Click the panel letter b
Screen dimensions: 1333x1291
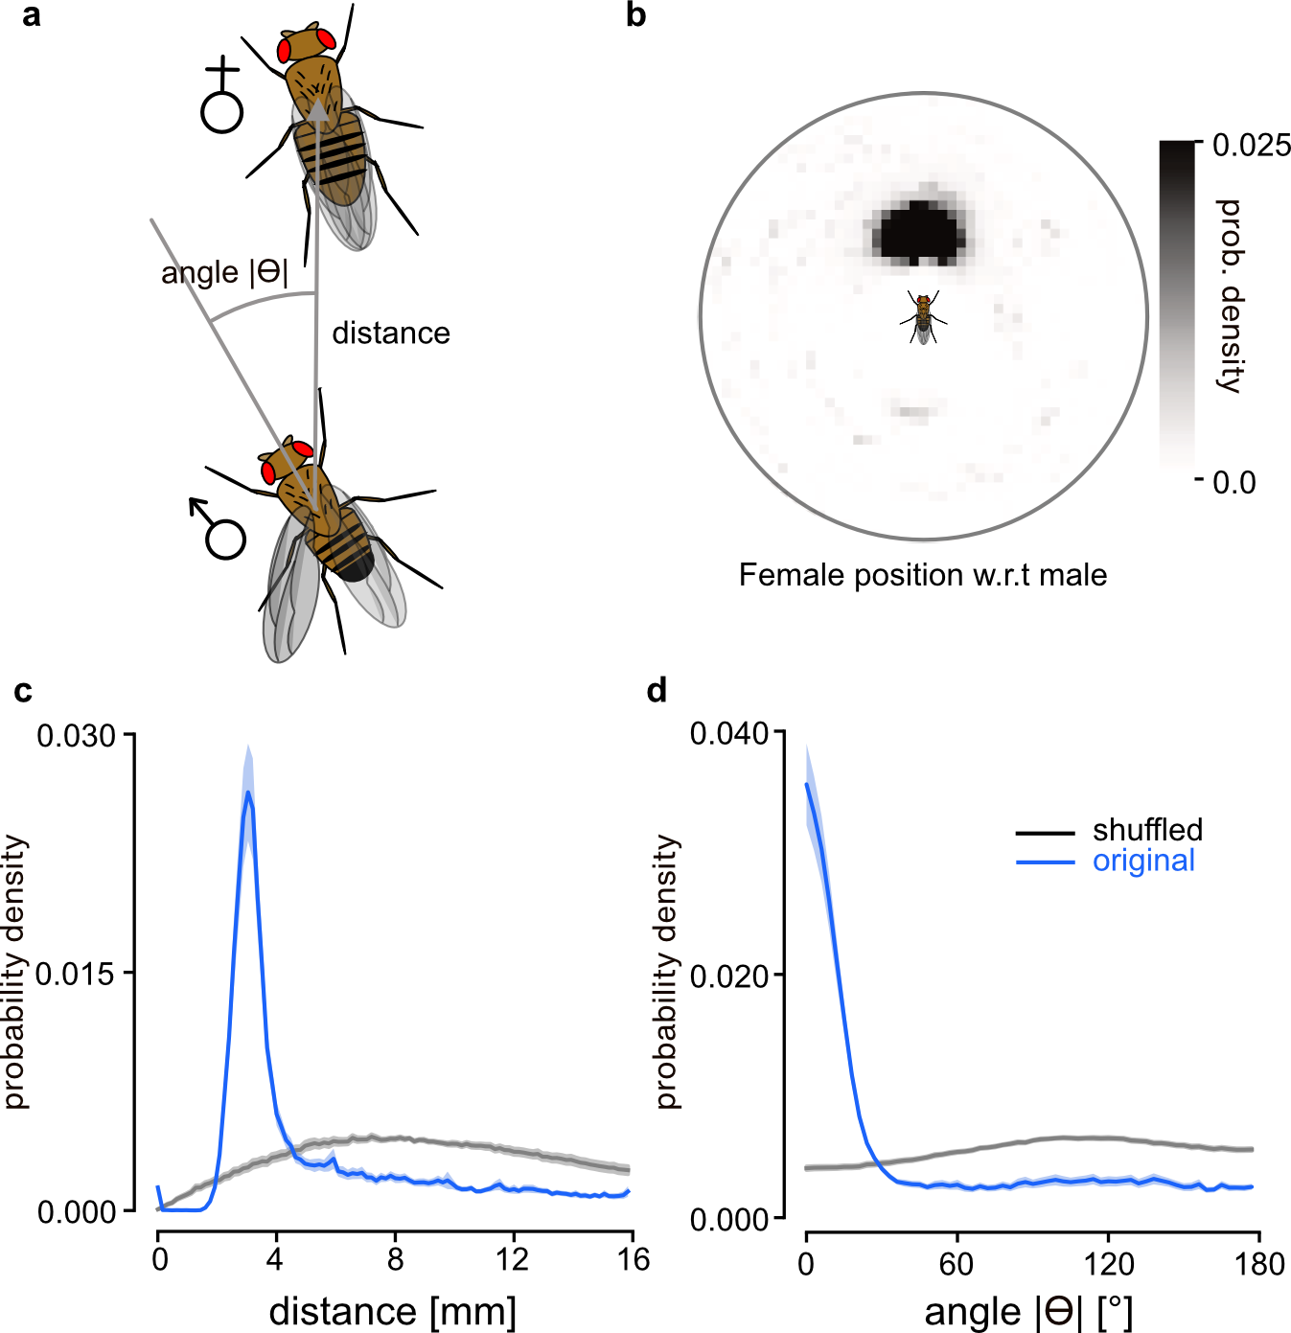[x=635, y=15]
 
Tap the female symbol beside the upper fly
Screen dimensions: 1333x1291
[x=222, y=96]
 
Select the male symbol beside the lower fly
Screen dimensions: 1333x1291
[x=220, y=529]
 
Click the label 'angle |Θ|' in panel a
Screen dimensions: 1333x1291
[x=224, y=273]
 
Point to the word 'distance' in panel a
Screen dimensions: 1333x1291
[x=391, y=333]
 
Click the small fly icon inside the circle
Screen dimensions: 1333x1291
[x=923, y=317]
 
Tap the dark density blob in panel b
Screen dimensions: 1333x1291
[x=918, y=233]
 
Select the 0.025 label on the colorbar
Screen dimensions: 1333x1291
[x=1251, y=146]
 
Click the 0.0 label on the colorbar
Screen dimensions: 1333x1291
[x=1234, y=482]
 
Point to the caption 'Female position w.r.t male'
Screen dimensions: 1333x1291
[x=923, y=575]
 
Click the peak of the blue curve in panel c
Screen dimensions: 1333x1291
[x=248, y=793]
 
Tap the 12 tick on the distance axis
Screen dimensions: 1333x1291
[x=513, y=1259]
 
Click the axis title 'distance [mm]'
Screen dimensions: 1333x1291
[x=393, y=1311]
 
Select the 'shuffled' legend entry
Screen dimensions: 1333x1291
[x=1147, y=830]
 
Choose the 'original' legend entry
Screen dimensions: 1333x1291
[x=1143, y=861]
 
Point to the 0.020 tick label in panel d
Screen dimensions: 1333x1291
[x=730, y=977]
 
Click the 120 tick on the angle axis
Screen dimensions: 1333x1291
[x=1108, y=1264]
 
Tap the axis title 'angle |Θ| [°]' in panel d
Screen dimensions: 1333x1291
[x=1027, y=1312]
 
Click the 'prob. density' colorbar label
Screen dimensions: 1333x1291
[x=1230, y=296]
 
